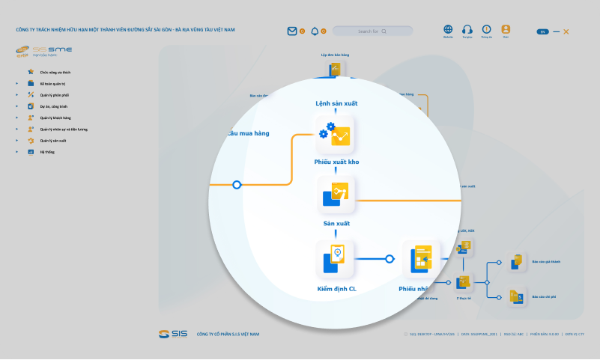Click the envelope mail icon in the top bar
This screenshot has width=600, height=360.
point(292,31)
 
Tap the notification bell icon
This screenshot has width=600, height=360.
point(315,31)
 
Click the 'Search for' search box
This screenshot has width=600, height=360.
point(372,31)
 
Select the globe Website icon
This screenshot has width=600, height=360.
point(448,29)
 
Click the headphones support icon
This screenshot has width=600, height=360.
point(467,29)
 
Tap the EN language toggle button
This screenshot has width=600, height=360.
point(542,31)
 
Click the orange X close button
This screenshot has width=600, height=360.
point(566,31)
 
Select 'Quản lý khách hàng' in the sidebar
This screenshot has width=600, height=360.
point(55,118)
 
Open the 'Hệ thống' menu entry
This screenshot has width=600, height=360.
point(47,152)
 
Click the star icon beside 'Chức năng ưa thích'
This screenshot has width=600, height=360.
point(31,73)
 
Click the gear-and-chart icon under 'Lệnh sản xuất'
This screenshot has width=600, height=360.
point(335,135)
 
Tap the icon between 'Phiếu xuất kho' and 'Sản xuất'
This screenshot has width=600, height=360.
point(335,195)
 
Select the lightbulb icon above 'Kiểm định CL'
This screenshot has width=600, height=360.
point(335,259)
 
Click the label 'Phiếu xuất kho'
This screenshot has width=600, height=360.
point(336,162)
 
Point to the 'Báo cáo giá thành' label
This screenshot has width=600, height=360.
point(545,262)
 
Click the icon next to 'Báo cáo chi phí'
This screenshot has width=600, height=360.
point(517,297)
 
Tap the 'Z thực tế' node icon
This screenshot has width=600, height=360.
point(463,282)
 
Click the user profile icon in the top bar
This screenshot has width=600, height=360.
point(506,29)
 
